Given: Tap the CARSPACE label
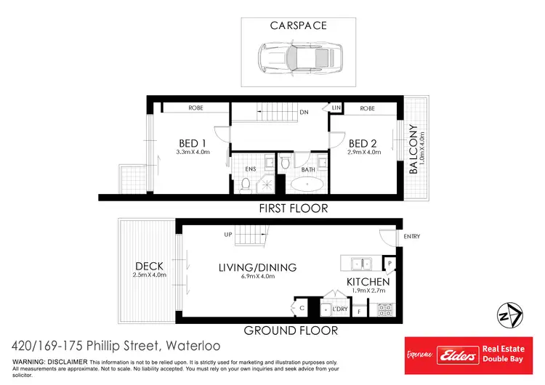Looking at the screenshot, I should point(299,25).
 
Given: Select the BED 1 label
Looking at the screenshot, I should point(193,142).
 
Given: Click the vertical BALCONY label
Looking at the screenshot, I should point(413,149).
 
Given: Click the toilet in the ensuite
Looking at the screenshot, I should point(245,185).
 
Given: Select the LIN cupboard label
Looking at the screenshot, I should point(336,108).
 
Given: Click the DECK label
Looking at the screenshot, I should point(149,266).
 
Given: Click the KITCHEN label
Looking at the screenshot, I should point(368,281).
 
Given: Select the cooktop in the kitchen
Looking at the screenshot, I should point(385,309).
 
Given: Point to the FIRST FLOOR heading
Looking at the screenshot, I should point(294,208).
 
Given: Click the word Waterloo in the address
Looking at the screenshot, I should point(193,346).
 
